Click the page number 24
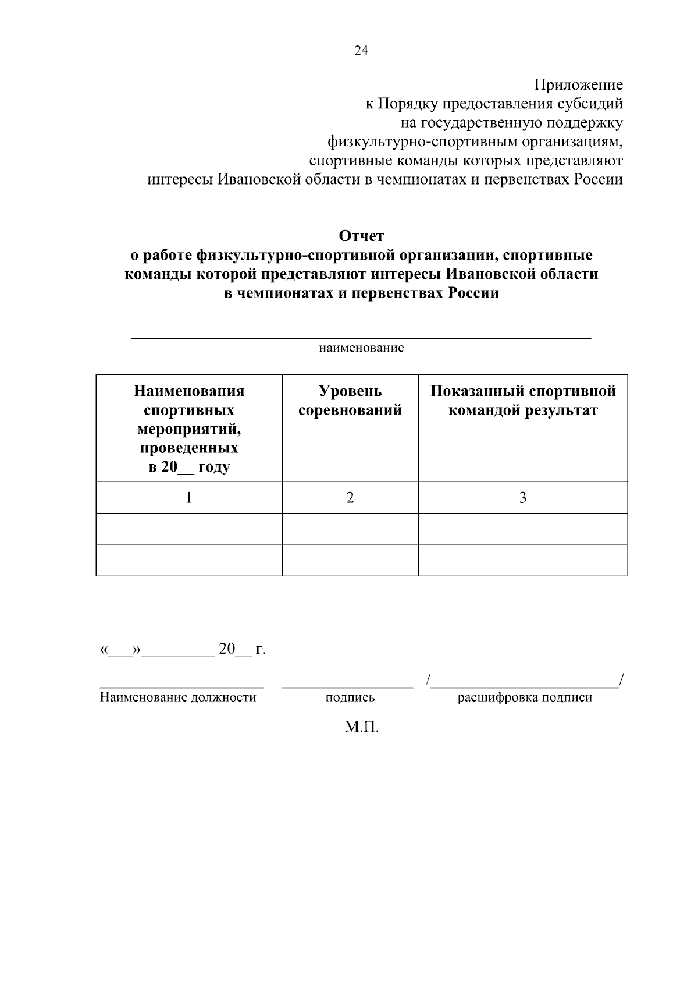[x=361, y=51]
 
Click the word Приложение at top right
[x=579, y=86]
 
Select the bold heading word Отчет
[x=361, y=236]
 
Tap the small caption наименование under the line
[x=361, y=349]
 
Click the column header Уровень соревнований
[x=350, y=401]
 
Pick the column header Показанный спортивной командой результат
[x=523, y=401]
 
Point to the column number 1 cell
[x=189, y=498]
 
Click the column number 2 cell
[x=350, y=498]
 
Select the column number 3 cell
[x=523, y=498]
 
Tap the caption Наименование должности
[x=178, y=697]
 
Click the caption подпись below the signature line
[x=350, y=697]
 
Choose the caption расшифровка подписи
[x=525, y=697]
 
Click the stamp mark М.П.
[x=361, y=727]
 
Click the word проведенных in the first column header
[x=189, y=448]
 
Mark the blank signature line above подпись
[x=347, y=688]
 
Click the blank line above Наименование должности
[x=181, y=688]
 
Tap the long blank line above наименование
[x=361, y=338]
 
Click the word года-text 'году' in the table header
[x=215, y=468]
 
